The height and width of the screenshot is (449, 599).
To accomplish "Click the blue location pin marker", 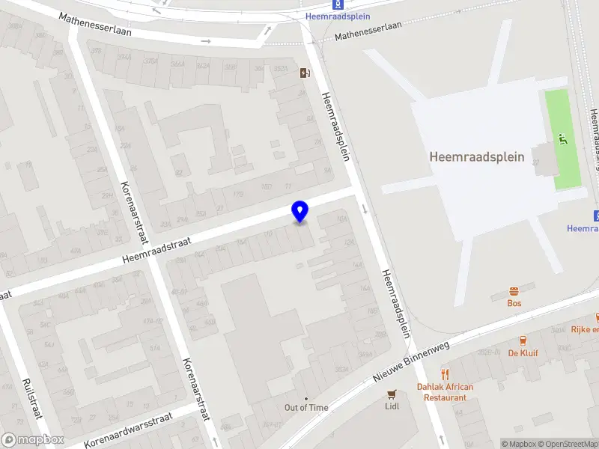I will tap(299, 211).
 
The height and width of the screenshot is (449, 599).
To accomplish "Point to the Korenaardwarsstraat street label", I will tap(128, 430).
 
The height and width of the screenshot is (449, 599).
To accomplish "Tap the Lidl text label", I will tap(392, 406).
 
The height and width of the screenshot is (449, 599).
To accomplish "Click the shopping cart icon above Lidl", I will tap(392, 394).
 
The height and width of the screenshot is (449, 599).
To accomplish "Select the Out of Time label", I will tap(306, 407).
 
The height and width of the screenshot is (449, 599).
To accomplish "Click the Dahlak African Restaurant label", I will tap(446, 392).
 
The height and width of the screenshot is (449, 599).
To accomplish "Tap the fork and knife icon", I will tap(446, 374).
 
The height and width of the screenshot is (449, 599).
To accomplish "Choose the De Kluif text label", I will tap(523, 352).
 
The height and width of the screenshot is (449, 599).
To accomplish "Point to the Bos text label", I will tap(514, 303).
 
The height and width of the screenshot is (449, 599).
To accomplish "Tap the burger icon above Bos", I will tap(514, 290).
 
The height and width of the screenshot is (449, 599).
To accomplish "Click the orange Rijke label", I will tap(585, 329).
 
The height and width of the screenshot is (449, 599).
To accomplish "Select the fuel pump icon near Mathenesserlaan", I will tap(305, 73).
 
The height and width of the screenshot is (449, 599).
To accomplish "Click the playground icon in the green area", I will tap(562, 139).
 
